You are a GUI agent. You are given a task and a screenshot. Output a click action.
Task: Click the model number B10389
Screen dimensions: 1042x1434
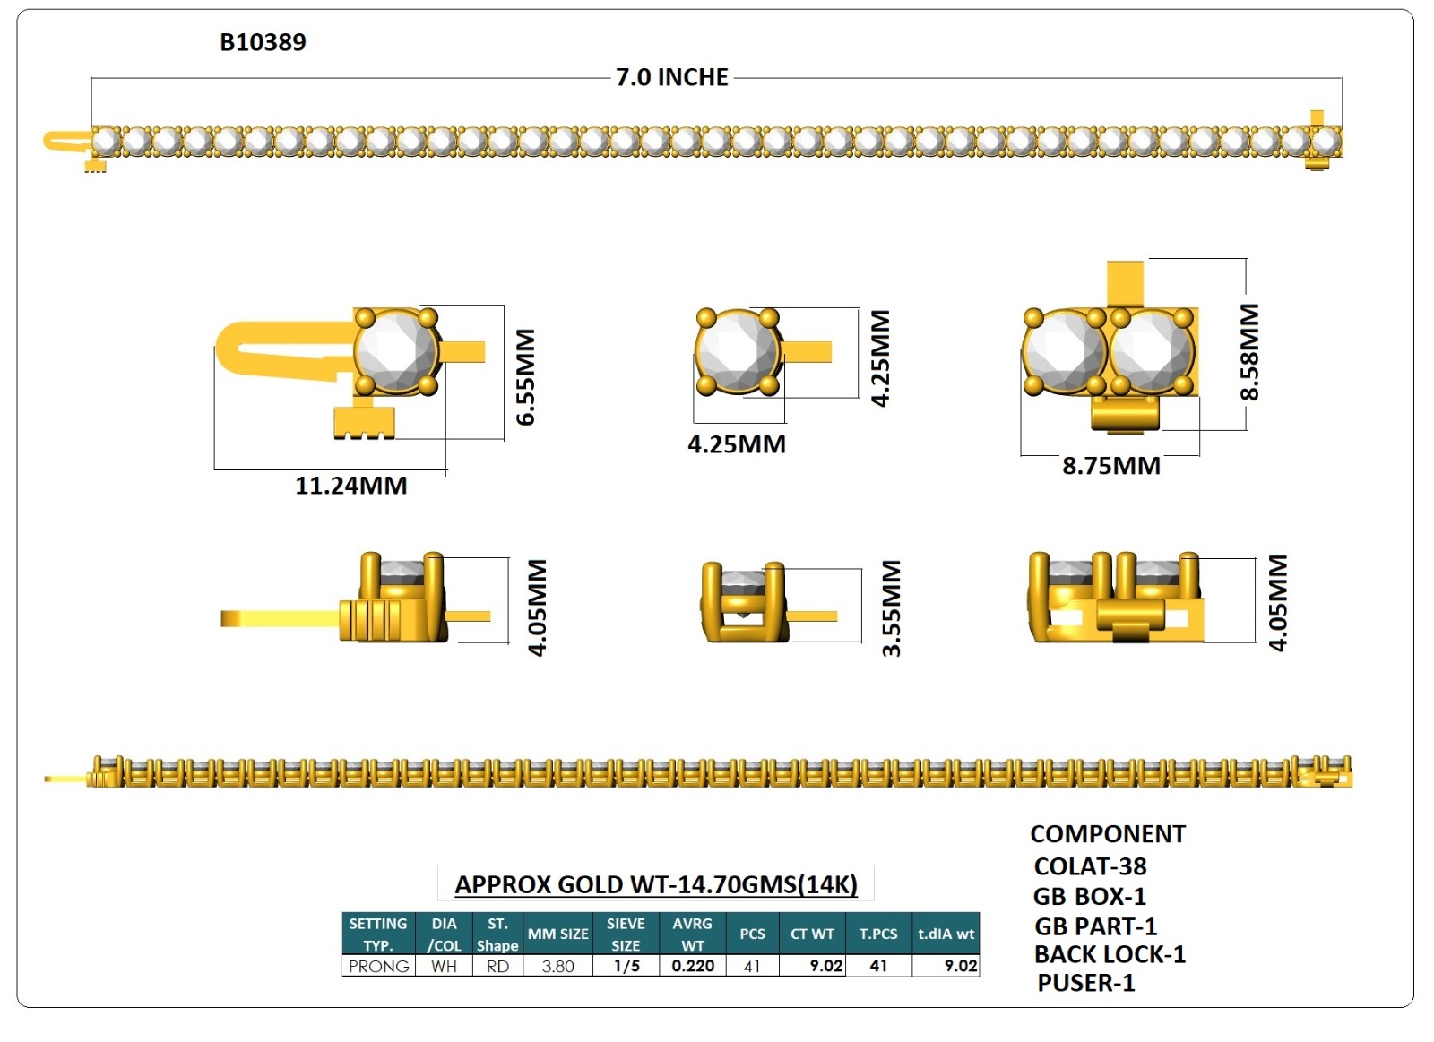pos(263,42)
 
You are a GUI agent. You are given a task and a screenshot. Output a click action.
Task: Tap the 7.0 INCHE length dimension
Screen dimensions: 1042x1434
pos(671,77)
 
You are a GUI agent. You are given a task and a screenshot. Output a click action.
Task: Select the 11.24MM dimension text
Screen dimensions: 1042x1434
pos(351,486)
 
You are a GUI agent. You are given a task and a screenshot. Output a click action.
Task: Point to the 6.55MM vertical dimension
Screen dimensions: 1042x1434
pos(525,376)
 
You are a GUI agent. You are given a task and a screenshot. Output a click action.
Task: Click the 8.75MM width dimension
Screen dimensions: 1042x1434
pos(1111,466)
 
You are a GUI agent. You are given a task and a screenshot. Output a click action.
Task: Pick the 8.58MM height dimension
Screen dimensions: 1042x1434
pos(1249,351)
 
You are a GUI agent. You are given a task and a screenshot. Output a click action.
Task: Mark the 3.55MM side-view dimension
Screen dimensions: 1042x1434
pos(891,608)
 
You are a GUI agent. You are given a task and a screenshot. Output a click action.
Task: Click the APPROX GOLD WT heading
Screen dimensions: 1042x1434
pos(656,884)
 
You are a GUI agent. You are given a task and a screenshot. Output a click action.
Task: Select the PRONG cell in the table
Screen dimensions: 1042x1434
pos(378,966)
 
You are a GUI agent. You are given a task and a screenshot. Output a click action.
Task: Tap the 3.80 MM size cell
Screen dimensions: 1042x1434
pos(557,966)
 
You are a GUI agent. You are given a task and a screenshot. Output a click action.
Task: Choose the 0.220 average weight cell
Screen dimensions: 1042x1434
pos(693,966)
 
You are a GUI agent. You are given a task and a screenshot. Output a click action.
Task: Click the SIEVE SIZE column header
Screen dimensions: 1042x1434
pos(626,934)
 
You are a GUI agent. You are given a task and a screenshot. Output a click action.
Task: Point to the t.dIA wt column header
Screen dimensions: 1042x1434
pos(946,934)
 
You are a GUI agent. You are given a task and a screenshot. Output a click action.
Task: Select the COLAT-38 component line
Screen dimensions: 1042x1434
pos(1090,866)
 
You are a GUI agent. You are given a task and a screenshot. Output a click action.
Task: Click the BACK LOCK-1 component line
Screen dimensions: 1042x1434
pos(1110,954)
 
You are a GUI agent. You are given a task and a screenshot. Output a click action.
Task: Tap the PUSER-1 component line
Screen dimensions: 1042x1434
pos(1086,983)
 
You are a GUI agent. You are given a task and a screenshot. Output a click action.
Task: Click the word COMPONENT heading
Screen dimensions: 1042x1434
pos(1108,834)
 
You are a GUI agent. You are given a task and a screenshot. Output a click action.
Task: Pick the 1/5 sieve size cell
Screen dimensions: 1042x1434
pos(626,966)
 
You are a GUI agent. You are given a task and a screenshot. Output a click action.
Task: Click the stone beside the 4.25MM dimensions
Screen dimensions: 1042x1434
pos(737,352)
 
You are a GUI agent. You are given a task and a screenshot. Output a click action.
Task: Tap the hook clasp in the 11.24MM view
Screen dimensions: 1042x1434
pos(269,349)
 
